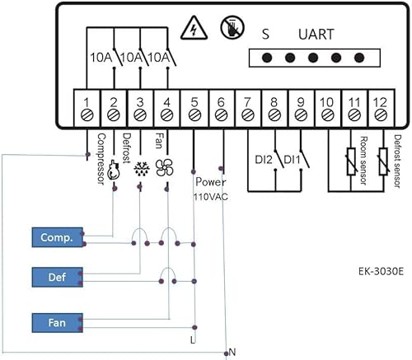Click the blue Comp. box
pyautogui.click(x=55, y=238)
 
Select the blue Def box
pyautogui.click(x=55, y=277)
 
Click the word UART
pyautogui.click(x=316, y=35)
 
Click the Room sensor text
pyautogui.click(x=361, y=155)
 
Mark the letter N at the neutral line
pyautogui.click(x=232, y=352)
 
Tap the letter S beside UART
pyautogui.click(x=265, y=35)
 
